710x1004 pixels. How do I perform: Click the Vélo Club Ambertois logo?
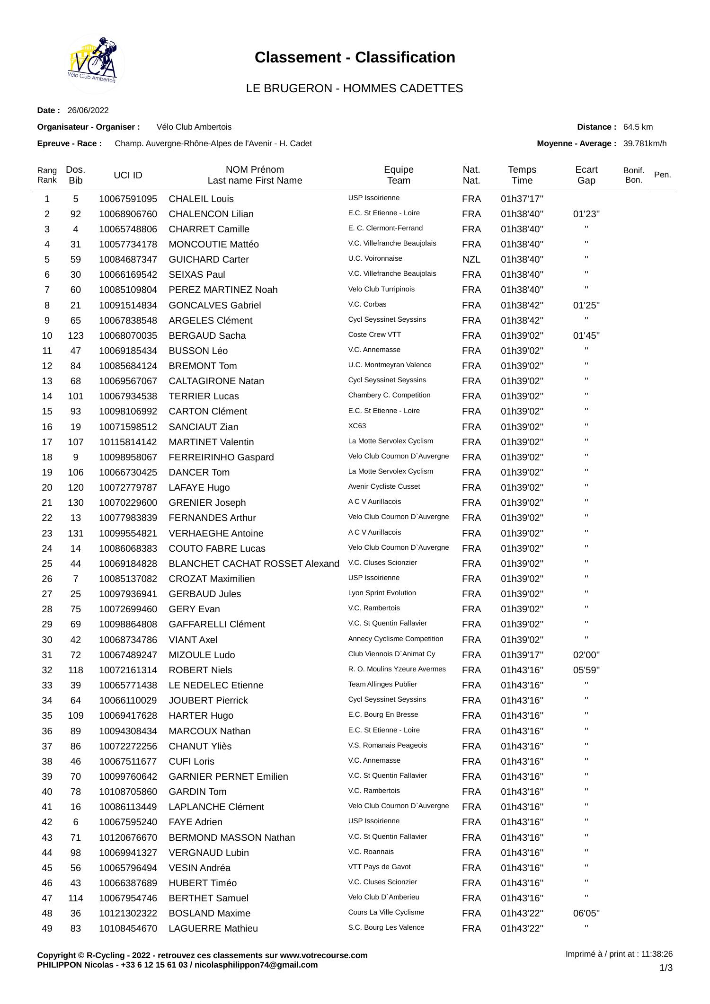[96, 64]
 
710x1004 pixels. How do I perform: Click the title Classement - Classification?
[355, 57]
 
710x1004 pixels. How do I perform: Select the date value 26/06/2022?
[88, 110]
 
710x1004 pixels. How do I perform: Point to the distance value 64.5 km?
[638, 127]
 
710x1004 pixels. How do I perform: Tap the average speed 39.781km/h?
[645, 143]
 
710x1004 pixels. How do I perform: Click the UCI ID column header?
[128, 175]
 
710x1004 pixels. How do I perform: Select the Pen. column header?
[662, 175]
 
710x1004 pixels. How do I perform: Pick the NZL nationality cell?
[471, 259]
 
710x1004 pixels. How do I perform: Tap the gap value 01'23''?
[586, 214]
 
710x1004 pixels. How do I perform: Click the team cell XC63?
[357, 426]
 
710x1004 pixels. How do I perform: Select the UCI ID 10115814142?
[128, 442]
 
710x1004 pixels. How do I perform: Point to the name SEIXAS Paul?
[196, 274]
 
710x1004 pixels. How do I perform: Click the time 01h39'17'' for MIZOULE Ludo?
[522, 655]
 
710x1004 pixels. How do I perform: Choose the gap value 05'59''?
[586, 670]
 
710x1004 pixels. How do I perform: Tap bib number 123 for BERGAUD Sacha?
[76, 335]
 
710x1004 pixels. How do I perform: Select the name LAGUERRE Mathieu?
[213, 928]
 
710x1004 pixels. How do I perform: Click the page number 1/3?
[666, 968]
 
